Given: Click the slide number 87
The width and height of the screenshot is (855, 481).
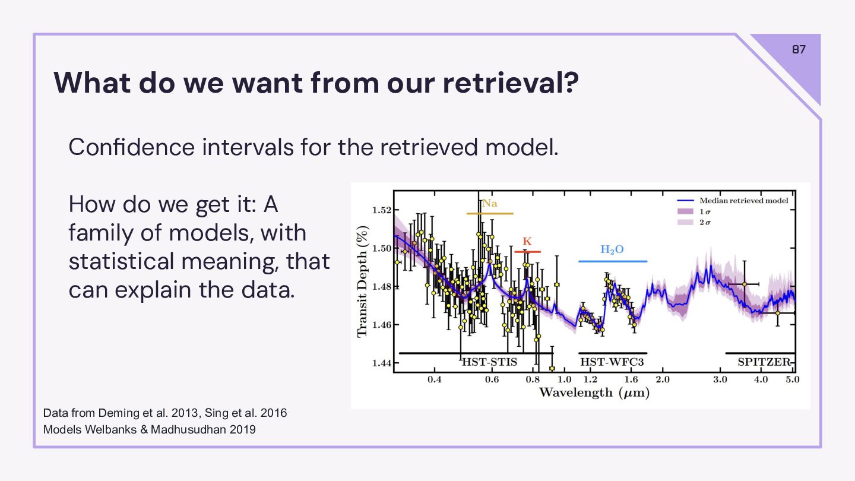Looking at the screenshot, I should point(799,49).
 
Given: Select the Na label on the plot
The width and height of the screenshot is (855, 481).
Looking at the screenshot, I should point(489,204).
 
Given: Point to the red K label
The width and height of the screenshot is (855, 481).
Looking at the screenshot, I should point(527,242).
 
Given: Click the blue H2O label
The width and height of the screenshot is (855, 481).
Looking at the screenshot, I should point(612,250).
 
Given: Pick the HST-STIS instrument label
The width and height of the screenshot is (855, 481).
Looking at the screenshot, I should point(489,362).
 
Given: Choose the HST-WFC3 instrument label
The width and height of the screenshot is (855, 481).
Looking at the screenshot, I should point(612,362).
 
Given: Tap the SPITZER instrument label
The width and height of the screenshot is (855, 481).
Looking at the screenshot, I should point(764,362).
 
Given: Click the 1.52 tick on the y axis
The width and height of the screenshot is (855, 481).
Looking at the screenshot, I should point(382,210).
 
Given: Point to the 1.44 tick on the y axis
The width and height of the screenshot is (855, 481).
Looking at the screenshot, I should point(382,363).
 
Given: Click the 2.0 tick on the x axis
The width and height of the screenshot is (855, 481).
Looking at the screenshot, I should point(662,379).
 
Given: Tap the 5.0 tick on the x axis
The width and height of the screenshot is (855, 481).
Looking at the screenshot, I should point(793,379).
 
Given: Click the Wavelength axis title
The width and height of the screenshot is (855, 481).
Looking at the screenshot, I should point(594,393).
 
